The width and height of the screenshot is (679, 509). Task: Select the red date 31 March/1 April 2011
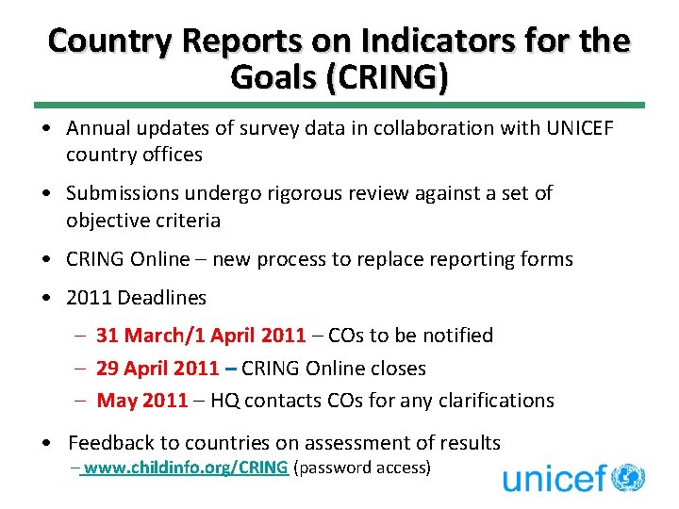(x=201, y=336)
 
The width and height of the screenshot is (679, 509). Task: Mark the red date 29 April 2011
(x=158, y=369)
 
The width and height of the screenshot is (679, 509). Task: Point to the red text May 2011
(x=142, y=401)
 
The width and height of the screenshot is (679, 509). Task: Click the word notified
(x=456, y=336)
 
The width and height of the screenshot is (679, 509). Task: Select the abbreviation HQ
(x=225, y=401)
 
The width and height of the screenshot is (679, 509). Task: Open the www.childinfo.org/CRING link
(x=186, y=467)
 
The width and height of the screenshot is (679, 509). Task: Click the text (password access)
(x=363, y=467)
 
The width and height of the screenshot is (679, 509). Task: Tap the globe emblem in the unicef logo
(x=628, y=477)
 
